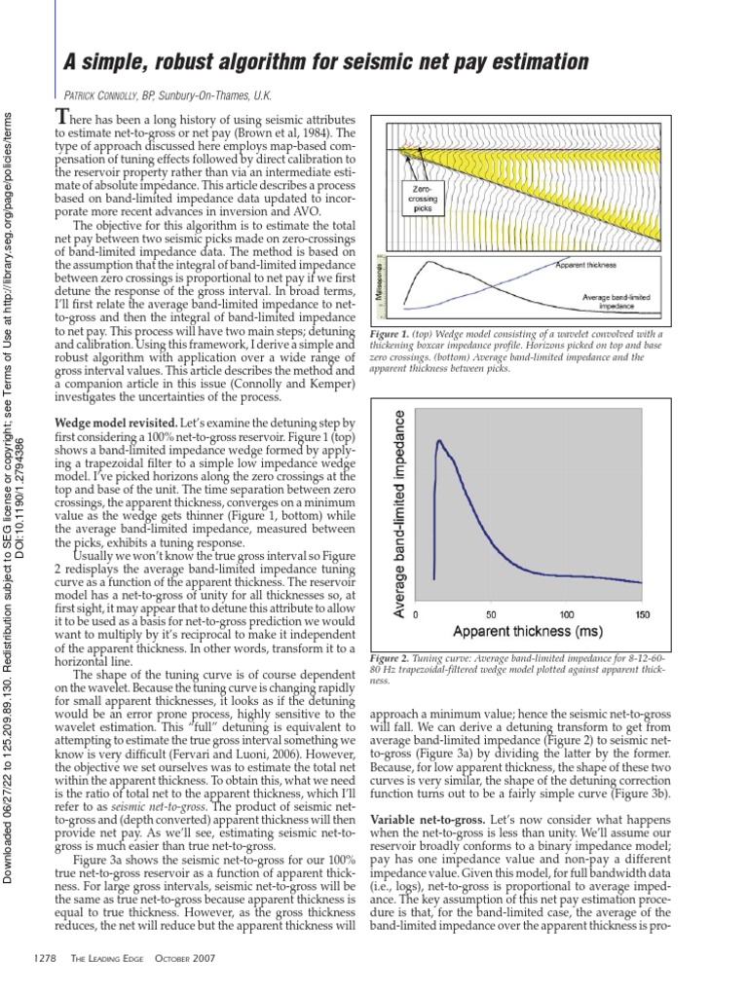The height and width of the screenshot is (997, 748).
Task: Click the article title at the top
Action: [x=326, y=62]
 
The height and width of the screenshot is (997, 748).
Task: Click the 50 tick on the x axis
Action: [x=490, y=615]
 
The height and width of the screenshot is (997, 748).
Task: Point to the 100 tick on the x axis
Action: [x=566, y=615]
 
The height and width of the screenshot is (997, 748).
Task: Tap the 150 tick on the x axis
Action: [x=641, y=615]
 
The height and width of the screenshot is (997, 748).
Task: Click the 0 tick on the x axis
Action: [x=416, y=615]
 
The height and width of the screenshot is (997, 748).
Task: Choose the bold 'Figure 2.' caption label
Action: [x=390, y=659]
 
